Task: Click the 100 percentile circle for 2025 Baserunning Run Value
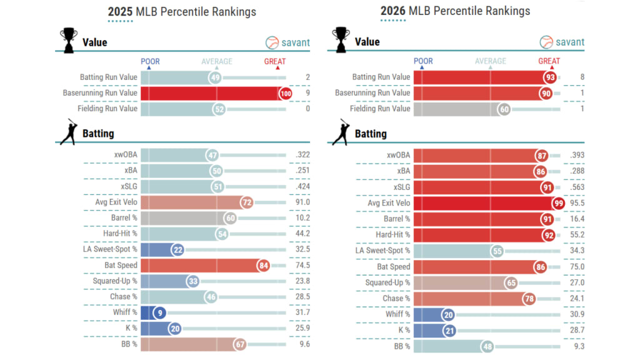point(286,93)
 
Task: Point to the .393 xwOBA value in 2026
point(576,155)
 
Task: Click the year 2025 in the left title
point(119,11)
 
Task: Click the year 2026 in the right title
point(392,11)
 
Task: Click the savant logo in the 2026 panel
point(562,42)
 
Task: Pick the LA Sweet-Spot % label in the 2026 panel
point(382,250)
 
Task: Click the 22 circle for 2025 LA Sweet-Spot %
point(177,250)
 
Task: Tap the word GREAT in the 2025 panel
point(275,61)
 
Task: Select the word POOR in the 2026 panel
point(423,61)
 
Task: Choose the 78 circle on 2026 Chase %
point(529,297)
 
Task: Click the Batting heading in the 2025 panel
point(98,133)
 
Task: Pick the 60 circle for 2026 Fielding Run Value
point(504,109)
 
